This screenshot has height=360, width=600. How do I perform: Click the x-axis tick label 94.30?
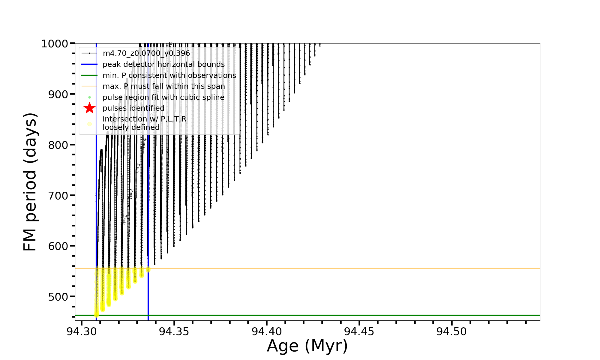click(82, 332)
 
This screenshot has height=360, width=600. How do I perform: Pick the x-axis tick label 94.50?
click(451, 332)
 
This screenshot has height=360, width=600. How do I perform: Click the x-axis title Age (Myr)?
click(307, 346)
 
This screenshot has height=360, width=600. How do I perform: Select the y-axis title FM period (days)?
click(30, 182)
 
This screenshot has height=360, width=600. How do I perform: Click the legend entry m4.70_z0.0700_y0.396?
click(146, 53)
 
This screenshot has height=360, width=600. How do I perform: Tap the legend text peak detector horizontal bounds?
click(163, 64)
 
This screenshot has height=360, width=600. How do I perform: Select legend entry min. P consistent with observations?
click(169, 75)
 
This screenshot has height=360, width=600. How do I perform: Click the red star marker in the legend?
click(89, 108)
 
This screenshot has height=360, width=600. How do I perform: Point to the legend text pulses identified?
click(133, 108)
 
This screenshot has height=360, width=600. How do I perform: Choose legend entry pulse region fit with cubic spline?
click(163, 97)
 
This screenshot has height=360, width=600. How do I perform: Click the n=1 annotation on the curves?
click(124, 220)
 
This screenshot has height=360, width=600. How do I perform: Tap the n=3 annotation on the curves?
click(137, 168)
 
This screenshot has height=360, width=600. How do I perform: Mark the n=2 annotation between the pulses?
click(131, 194)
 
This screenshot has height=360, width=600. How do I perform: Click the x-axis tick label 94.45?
click(359, 332)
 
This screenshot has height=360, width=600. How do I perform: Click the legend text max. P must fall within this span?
click(164, 86)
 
